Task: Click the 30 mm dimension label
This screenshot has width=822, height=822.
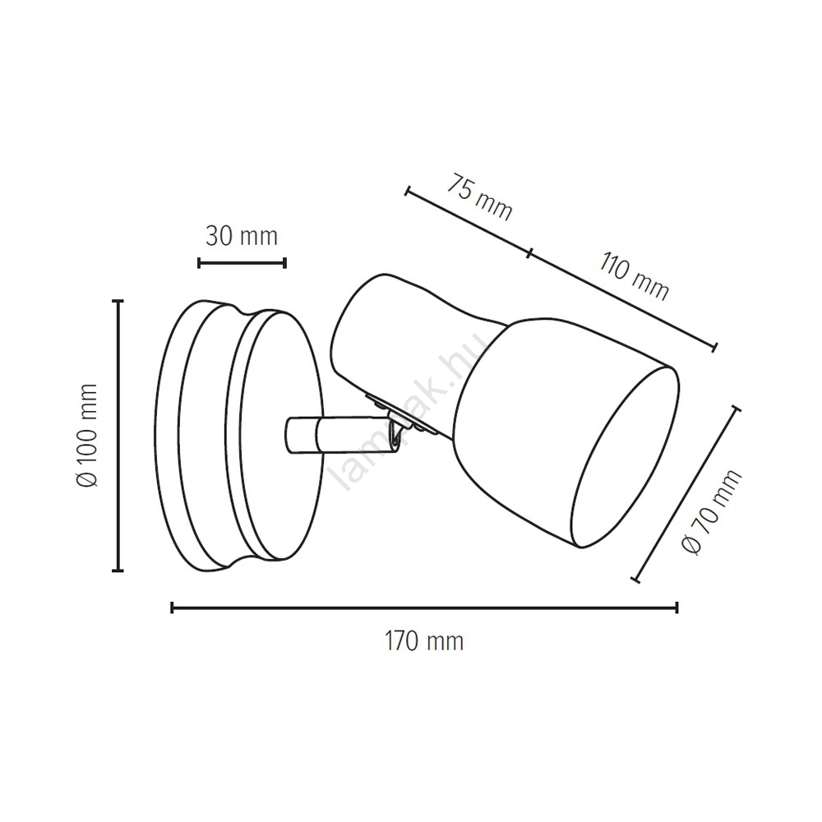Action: [241, 237]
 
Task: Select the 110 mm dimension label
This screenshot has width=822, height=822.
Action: [635, 276]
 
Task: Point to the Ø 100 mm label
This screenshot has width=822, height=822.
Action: [87, 436]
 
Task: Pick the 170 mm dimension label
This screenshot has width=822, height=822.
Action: [425, 641]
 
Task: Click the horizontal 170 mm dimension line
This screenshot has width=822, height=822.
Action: [425, 607]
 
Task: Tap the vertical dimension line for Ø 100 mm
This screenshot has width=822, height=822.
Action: [119, 435]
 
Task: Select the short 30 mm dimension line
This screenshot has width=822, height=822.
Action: [242, 263]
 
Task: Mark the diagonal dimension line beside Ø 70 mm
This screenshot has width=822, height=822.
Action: [687, 494]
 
